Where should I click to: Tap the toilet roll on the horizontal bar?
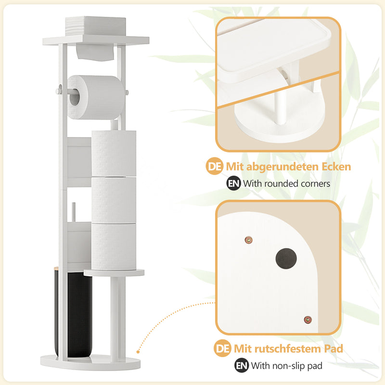point(96,97)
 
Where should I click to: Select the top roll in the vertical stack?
point(114,154)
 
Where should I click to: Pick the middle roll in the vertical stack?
point(114,200)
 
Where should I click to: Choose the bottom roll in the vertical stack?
point(114,246)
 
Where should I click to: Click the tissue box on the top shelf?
point(96,26)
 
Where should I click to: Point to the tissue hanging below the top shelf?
point(95,52)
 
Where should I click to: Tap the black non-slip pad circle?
point(286,258)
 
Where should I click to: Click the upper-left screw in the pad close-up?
point(249,240)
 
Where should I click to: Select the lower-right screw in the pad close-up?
point(308,320)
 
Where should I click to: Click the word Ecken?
point(336,167)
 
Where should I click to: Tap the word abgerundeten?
point(282,167)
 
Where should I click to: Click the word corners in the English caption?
point(316,184)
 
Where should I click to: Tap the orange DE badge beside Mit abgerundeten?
point(215,166)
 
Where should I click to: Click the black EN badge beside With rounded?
point(233,183)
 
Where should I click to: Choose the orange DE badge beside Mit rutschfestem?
point(222,348)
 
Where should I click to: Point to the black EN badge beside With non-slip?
point(242,365)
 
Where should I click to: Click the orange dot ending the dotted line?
point(138,352)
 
